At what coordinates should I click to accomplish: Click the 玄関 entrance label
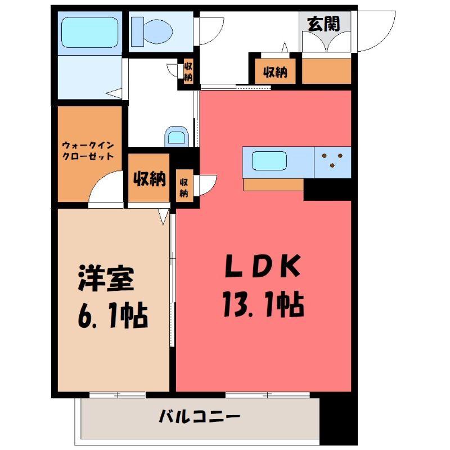(x=323, y=24)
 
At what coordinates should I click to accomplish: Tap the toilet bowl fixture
(x=152, y=31)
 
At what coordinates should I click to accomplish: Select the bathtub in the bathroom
(x=90, y=33)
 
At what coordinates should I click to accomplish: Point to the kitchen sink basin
(x=269, y=161)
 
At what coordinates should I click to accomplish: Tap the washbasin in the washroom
(x=176, y=137)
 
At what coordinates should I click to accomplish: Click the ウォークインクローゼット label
(x=88, y=151)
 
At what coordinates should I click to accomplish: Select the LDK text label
(x=263, y=266)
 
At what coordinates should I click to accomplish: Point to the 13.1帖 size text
(x=263, y=304)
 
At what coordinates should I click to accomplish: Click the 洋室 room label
(x=106, y=278)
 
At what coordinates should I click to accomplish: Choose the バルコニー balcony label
(x=200, y=416)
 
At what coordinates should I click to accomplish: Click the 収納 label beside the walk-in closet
(x=150, y=179)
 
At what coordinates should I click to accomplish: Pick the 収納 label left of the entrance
(x=275, y=72)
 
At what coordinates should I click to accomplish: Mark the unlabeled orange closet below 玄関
(x=327, y=71)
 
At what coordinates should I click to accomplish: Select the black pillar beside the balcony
(x=339, y=420)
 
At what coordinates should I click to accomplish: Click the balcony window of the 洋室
(x=118, y=395)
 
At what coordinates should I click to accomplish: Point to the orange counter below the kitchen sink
(x=273, y=184)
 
